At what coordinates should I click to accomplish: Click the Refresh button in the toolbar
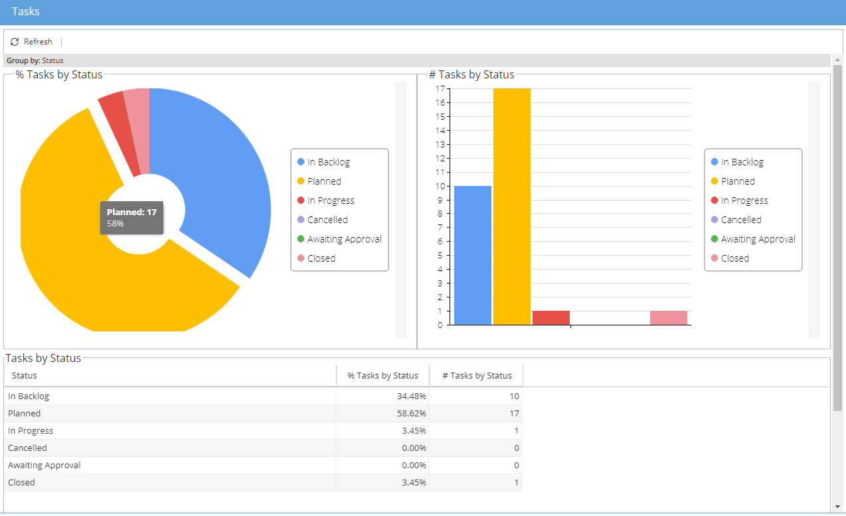click(31, 42)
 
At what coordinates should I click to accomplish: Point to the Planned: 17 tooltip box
click(131, 218)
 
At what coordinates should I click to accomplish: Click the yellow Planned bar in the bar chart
click(512, 207)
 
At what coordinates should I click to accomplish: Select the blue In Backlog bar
click(473, 256)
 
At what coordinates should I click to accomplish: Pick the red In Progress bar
click(551, 317)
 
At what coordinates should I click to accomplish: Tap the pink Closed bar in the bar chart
click(669, 317)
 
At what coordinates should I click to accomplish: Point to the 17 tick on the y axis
click(440, 89)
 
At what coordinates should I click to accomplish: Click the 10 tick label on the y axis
click(440, 186)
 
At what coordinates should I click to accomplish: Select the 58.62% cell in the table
click(411, 414)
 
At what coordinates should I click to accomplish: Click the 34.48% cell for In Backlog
click(411, 396)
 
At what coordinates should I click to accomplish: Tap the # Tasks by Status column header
click(477, 375)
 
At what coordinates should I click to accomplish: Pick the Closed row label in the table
click(21, 483)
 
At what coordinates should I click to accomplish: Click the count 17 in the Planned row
click(514, 414)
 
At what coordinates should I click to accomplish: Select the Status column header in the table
click(24, 375)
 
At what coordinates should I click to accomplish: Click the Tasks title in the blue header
click(26, 11)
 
